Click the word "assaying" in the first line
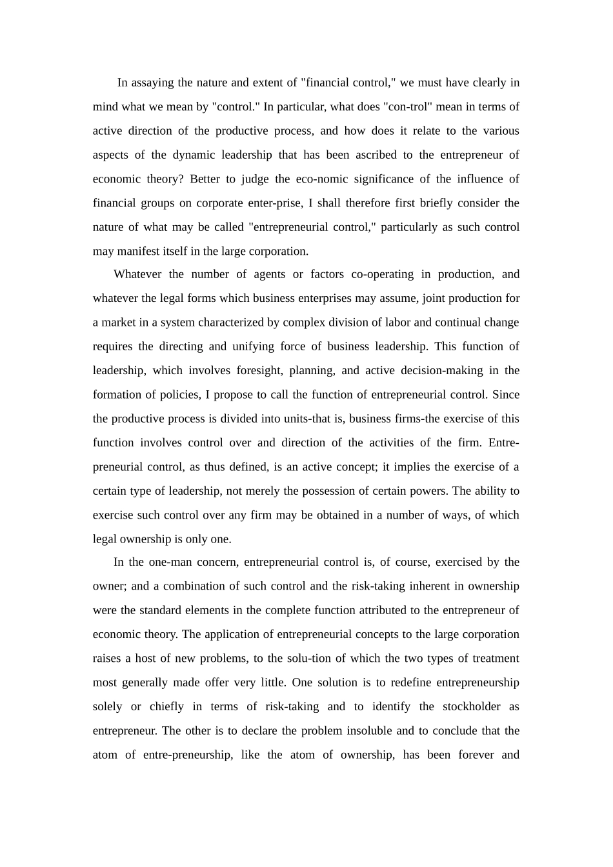coord(153,83)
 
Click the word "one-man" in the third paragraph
coord(168,562)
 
